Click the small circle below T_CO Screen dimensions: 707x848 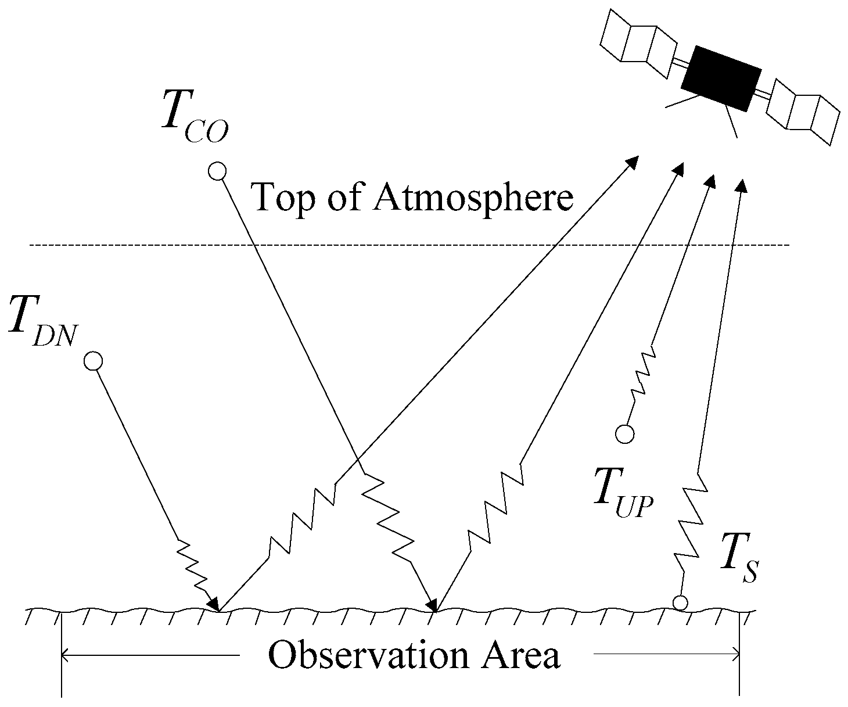(x=216, y=171)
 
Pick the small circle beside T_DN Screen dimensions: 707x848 (x=93, y=361)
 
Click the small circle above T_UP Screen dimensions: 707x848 (x=624, y=434)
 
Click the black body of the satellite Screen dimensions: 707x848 (x=721, y=78)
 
